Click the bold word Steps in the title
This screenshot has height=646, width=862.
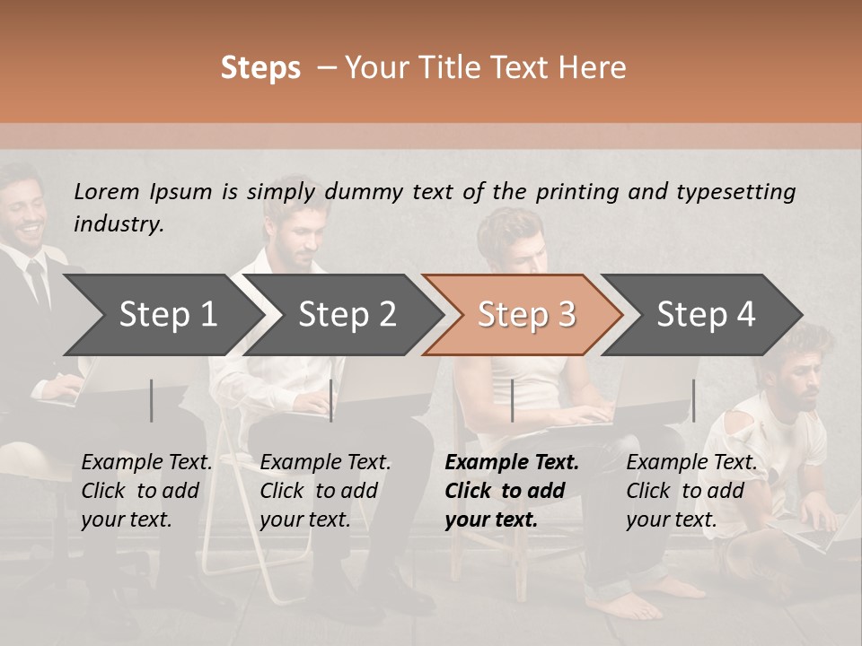click(x=260, y=68)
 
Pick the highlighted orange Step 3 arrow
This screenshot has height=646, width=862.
click(x=526, y=315)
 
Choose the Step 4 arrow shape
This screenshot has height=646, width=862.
click(x=706, y=315)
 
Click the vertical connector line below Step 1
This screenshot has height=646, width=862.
click(x=152, y=400)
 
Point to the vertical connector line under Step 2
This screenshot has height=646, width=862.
click(x=330, y=400)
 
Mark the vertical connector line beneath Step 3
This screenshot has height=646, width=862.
click(x=512, y=400)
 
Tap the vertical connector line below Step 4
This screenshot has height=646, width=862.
click(x=693, y=400)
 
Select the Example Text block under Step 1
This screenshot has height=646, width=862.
click(x=146, y=491)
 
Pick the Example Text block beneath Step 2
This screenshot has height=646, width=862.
click(x=325, y=491)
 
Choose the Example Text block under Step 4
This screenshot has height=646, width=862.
click(x=691, y=491)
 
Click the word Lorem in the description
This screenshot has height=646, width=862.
click(x=107, y=191)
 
